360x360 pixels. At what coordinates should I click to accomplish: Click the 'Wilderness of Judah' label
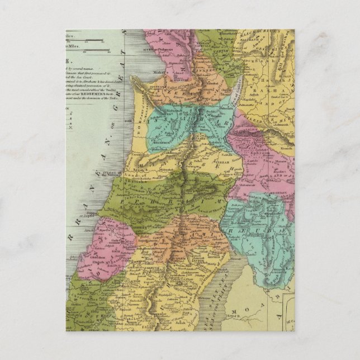point(205,276)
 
